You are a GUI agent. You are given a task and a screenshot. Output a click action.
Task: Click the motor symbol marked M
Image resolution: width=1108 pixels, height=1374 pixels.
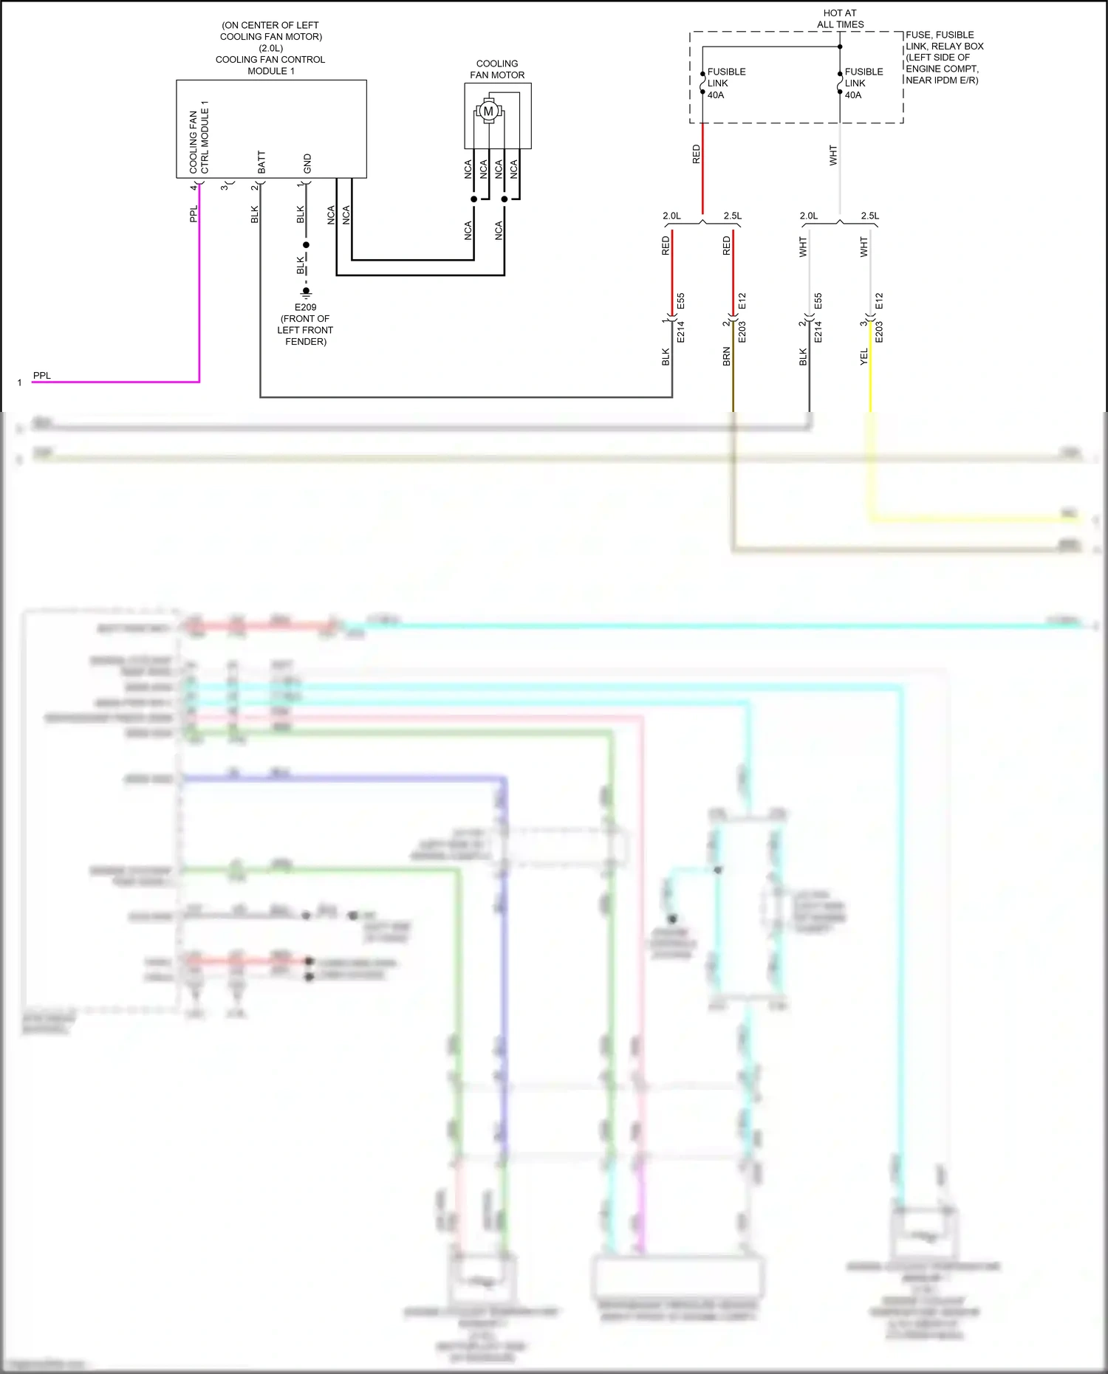click(488, 111)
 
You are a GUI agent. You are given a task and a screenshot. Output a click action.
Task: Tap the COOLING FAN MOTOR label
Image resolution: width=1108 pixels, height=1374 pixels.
click(497, 69)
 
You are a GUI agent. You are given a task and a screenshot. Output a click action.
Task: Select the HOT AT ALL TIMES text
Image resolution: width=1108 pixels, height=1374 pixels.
click(840, 18)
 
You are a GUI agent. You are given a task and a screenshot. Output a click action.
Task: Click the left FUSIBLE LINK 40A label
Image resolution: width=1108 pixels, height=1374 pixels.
click(725, 83)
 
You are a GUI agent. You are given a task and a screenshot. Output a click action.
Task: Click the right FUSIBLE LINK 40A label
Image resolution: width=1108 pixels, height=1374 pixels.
click(863, 83)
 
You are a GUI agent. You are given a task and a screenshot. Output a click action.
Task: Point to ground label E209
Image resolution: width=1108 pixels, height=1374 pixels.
click(305, 307)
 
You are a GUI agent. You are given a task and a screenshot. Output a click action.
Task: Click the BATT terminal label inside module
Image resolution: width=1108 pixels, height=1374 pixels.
click(261, 162)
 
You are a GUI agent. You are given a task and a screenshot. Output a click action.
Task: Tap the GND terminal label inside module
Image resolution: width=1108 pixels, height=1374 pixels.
click(307, 164)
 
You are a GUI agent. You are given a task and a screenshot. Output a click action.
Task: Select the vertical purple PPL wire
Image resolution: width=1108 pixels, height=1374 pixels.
click(199, 295)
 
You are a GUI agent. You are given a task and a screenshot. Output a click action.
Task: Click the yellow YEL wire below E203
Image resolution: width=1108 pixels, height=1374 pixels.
click(870, 377)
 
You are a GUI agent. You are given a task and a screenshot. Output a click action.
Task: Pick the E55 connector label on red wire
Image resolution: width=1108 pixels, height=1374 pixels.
click(681, 301)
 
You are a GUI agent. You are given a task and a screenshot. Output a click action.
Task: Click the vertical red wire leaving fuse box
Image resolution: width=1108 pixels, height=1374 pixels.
click(702, 170)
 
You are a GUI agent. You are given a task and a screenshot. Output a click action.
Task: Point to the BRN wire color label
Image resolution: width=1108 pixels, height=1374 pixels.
click(726, 357)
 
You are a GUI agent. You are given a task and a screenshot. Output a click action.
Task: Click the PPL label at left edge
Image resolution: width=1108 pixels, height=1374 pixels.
click(42, 376)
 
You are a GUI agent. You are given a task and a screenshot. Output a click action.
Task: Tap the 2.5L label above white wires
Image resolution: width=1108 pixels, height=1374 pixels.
click(869, 216)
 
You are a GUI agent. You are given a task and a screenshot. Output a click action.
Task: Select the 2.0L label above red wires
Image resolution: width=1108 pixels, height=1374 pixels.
click(671, 216)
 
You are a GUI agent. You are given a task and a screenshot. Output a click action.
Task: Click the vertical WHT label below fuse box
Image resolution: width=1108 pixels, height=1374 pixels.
click(833, 155)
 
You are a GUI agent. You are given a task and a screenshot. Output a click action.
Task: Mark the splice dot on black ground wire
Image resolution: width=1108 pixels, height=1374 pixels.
click(306, 244)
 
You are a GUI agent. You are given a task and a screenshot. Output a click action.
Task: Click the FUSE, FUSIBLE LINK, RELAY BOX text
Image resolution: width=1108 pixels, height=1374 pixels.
click(944, 41)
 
